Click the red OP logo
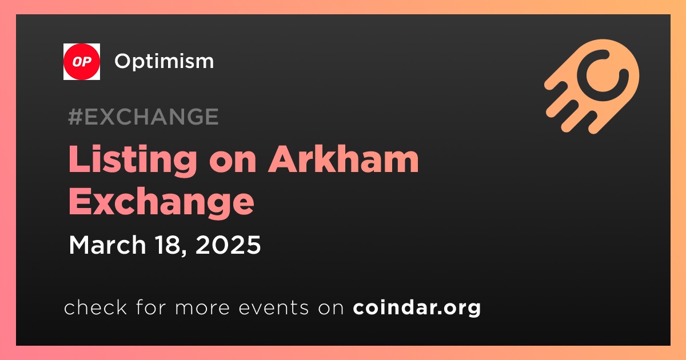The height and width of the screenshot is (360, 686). point(81,62)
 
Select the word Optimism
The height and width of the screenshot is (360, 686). point(164,62)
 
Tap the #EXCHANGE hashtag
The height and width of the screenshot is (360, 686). point(143,117)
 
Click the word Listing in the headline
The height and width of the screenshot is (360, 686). point(133,161)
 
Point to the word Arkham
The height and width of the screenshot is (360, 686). point(344,159)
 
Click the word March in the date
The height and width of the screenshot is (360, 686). point(107,245)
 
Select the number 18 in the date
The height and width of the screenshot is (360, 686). point(167,245)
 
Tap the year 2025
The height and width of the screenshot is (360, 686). point(228,245)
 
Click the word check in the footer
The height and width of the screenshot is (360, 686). point(95,307)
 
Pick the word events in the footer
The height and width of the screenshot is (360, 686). point(273,307)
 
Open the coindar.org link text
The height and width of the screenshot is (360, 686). point(417,307)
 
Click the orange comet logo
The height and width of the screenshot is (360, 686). point(592,86)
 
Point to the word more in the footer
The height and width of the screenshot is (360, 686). point(202,308)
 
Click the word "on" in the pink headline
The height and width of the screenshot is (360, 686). point(233,162)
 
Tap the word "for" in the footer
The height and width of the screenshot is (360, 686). point(151,307)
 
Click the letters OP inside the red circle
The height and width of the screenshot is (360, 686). point(82,62)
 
